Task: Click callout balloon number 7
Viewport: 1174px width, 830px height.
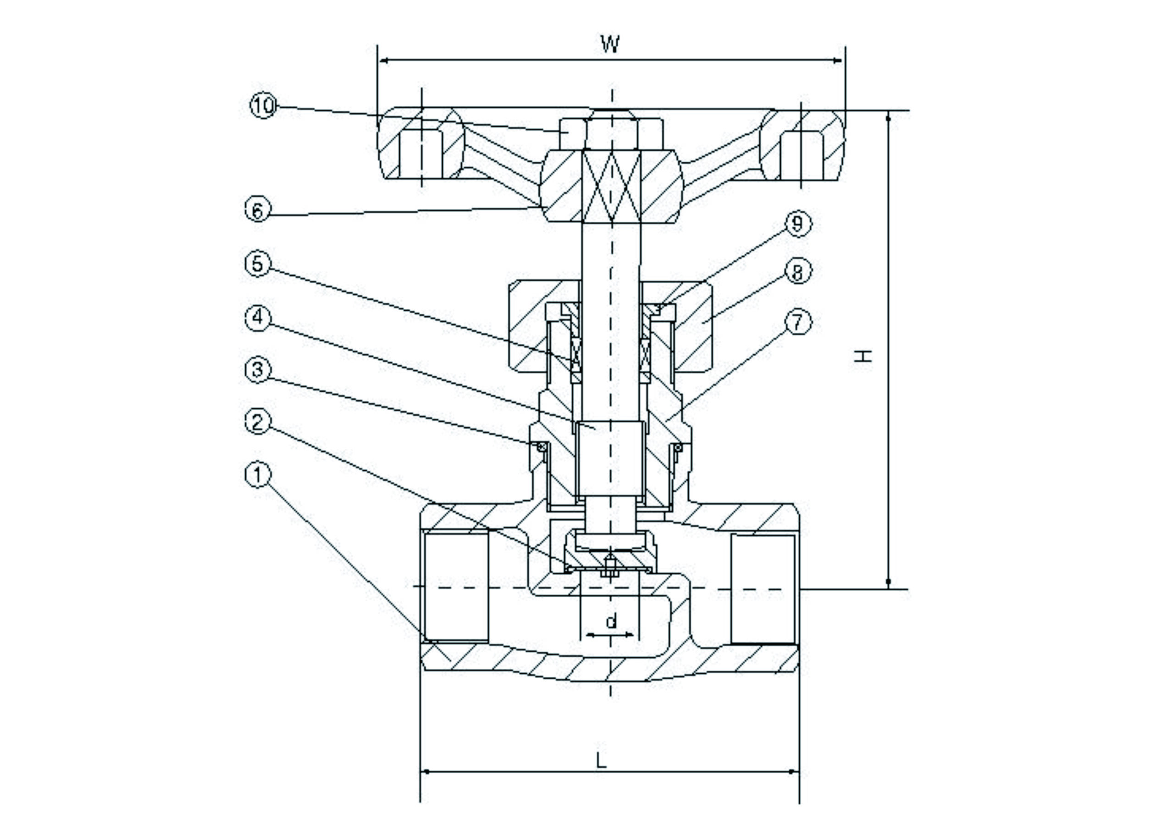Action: [797, 322]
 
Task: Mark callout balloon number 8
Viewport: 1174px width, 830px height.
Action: [797, 271]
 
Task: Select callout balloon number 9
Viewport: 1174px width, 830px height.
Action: [797, 223]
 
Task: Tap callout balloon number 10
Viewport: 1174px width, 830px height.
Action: [263, 106]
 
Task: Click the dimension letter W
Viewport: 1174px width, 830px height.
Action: [610, 44]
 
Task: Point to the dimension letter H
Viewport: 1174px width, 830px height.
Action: [863, 355]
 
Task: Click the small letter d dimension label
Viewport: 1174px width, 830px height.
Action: [611, 621]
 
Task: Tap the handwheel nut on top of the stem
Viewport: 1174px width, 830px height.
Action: [612, 132]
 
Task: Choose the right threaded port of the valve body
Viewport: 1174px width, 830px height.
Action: [763, 589]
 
